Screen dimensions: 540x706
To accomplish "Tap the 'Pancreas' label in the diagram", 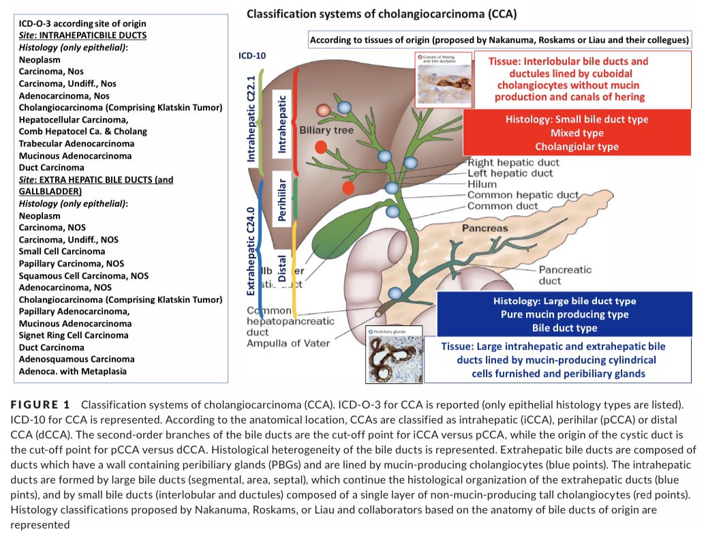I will pyautogui.click(x=485, y=228).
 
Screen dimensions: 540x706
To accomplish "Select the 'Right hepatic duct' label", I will pyautogui.click(x=513, y=163).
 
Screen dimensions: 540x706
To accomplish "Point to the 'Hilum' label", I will pyautogui.click(x=482, y=184).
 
